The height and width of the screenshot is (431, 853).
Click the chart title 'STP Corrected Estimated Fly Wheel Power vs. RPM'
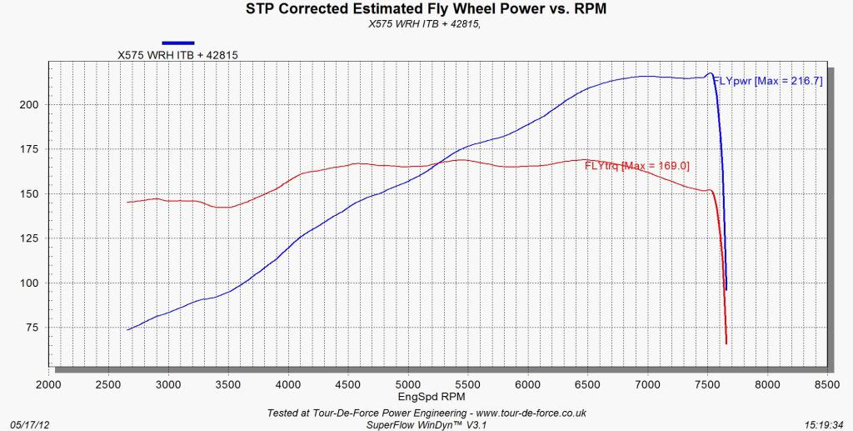[426, 10]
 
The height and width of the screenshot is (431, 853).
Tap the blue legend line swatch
[178, 42]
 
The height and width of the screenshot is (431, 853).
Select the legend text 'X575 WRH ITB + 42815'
[178, 55]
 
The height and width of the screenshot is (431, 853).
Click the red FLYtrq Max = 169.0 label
[637, 165]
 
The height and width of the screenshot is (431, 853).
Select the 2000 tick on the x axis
[49, 384]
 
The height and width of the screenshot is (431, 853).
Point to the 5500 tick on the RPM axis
[468, 384]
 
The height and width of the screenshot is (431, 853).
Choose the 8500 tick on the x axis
[827, 384]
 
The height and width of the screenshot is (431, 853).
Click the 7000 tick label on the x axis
[647, 384]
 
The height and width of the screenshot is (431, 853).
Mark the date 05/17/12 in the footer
[28, 423]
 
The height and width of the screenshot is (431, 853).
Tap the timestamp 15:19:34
[824, 423]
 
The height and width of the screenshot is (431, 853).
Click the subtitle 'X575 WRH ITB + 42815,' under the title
[426, 24]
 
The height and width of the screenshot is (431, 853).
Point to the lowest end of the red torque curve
[726, 343]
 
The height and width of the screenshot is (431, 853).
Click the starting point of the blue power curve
[127, 330]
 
